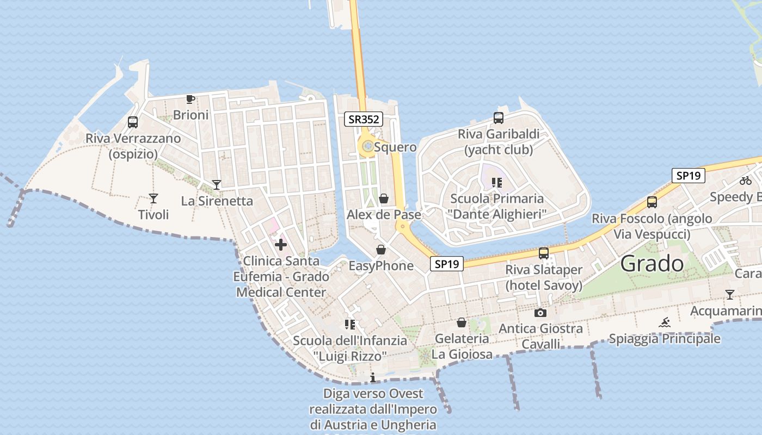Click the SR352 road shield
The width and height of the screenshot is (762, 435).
pos(364,119)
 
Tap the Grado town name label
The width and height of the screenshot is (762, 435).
pos(652,264)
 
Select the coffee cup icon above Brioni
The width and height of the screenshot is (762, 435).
pos(190,99)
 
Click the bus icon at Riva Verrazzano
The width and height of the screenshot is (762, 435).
pos(133,122)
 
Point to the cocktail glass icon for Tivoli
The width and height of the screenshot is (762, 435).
pos(153,198)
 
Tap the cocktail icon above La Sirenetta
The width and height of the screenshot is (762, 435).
pos(217,185)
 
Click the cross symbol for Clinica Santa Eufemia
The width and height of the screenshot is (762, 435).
pos(281,245)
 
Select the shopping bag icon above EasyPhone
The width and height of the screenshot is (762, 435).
pos(381,250)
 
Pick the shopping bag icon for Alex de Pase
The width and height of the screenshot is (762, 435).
pos(384,198)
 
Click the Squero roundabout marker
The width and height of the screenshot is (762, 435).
pos(368,146)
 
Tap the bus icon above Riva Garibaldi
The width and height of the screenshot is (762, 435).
pos(498,117)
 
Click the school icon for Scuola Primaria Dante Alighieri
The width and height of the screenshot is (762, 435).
pos(496,183)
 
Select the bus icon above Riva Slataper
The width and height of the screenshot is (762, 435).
pos(543,253)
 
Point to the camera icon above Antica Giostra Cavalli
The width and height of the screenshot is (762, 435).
pos(540,313)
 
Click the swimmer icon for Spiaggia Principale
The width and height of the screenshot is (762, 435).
pos(665,322)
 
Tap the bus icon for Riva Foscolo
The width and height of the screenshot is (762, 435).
pos(652,202)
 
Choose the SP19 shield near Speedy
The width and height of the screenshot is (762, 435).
pos(688,176)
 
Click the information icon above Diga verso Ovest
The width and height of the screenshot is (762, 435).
pos(373,377)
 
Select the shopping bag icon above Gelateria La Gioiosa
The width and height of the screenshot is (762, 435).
pos(462,322)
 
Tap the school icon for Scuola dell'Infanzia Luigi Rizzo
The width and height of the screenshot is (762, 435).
pos(349,325)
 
